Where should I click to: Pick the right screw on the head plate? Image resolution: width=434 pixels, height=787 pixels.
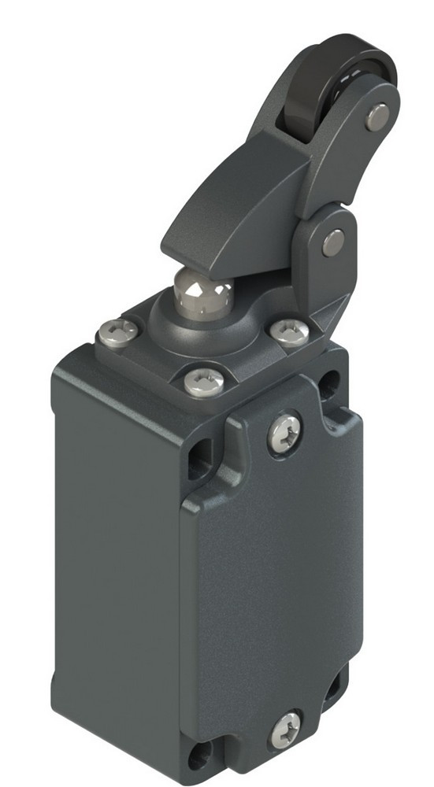click(290, 332)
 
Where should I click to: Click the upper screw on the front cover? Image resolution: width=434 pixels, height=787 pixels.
click(284, 433)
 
